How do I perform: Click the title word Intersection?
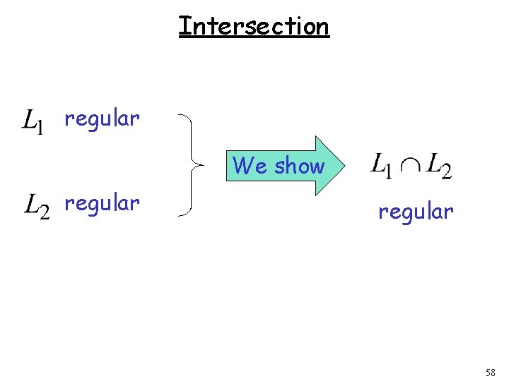(254, 26)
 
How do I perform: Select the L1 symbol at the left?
(33, 121)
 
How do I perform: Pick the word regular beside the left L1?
(102, 119)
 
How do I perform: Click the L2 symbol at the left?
(37, 207)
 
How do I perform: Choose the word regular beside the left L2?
(102, 204)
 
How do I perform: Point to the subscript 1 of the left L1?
(40, 127)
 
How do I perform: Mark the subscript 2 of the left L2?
(45, 213)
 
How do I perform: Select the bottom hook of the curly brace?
(181, 214)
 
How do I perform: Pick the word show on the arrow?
(299, 167)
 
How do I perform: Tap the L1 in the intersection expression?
(381, 166)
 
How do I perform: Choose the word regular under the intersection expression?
(416, 211)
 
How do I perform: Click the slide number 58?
(490, 372)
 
